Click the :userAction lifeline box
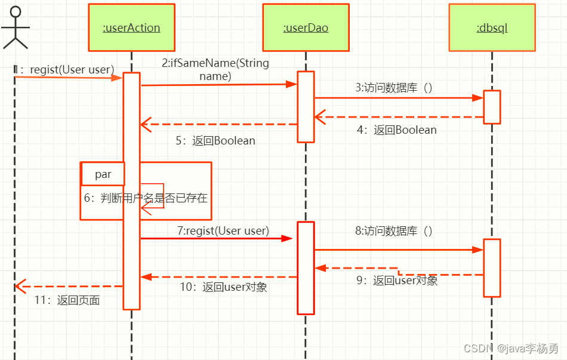132,27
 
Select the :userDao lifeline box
306,27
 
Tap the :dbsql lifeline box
492,27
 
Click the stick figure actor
15,27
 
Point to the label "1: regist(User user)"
64,69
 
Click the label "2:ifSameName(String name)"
215,69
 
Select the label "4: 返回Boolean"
397,130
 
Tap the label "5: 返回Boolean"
215,140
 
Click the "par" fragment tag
103,174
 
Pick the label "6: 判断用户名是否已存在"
146,198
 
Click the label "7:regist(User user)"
223,231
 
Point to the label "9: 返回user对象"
397,281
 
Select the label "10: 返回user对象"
223,287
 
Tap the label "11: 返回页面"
67,300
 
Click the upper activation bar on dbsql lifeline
492,107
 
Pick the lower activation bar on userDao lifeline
306,268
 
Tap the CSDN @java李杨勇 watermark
511,348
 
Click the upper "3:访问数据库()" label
394,88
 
